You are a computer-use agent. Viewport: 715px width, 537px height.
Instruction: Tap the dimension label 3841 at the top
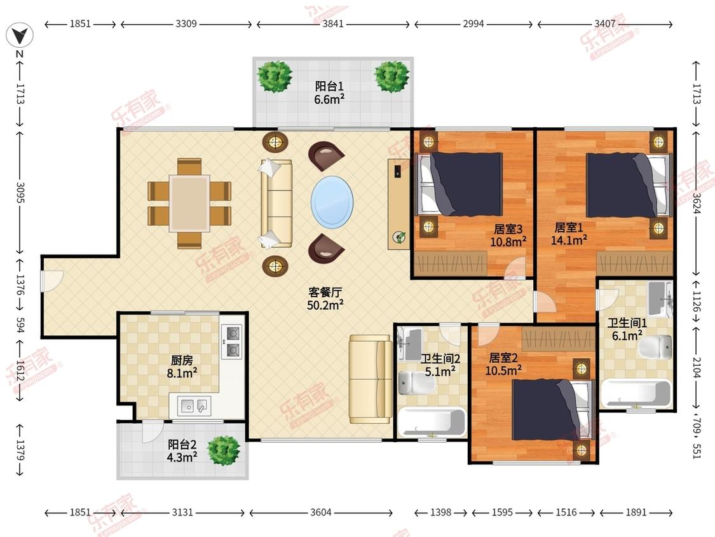(333, 24)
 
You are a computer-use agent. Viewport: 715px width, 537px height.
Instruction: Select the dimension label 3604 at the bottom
(320, 512)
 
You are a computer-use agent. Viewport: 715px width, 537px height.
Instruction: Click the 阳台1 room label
(329, 87)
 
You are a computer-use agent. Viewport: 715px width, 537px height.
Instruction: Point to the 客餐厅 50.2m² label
(325, 298)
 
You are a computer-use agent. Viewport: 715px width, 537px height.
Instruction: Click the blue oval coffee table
(332, 202)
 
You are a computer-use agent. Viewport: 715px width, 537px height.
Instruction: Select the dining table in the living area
(189, 204)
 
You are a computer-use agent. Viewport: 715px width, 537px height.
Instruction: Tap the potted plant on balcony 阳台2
(224, 450)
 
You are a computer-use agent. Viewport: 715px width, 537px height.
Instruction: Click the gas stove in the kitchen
(231, 341)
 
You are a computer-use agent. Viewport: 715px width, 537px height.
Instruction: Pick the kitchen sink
(194, 405)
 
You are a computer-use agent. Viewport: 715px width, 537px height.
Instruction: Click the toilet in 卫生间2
(416, 382)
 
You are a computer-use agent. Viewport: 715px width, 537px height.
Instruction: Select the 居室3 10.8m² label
(508, 235)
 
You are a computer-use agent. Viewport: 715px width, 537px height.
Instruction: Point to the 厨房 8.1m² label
(182, 366)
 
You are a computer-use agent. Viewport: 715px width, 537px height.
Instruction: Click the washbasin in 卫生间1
(660, 298)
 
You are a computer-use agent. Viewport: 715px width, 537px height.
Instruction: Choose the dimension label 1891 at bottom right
(636, 512)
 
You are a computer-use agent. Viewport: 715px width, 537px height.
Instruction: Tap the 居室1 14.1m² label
(569, 234)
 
